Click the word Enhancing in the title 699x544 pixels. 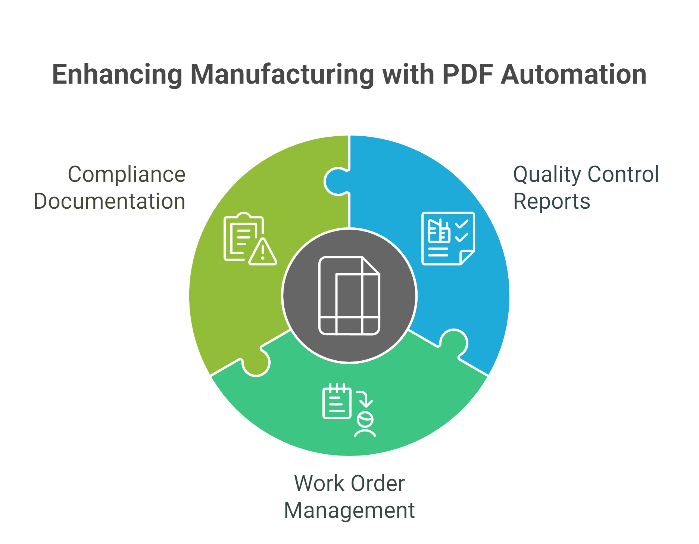point(117,75)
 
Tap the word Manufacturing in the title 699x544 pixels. point(282,74)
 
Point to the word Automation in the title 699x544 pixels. point(574,74)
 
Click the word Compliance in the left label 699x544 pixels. point(127,175)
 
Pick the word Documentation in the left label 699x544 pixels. point(109,201)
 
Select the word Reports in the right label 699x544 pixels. point(552,202)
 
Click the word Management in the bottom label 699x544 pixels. point(349,511)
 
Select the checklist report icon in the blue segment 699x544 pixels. point(448,239)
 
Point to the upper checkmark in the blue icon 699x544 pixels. point(462,224)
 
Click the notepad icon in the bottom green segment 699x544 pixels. point(337,401)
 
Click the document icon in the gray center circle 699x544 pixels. point(349,295)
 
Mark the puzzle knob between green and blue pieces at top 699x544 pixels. point(337,182)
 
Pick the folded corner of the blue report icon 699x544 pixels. point(467,257)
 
